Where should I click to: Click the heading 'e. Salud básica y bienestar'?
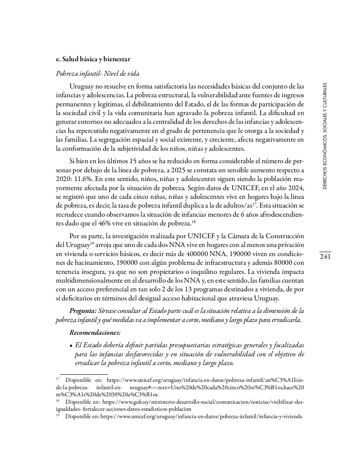coord(93,59)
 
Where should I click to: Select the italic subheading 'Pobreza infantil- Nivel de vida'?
coord(98,74)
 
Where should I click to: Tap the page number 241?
coord(325,257)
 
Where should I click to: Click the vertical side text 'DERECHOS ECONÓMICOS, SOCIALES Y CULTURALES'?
coord(325,136)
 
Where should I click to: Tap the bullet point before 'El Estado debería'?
coord(71,345)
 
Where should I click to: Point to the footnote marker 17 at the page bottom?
coord(58,379)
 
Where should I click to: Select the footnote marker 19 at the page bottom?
coord(58,416)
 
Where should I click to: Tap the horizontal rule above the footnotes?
coord(84,374)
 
